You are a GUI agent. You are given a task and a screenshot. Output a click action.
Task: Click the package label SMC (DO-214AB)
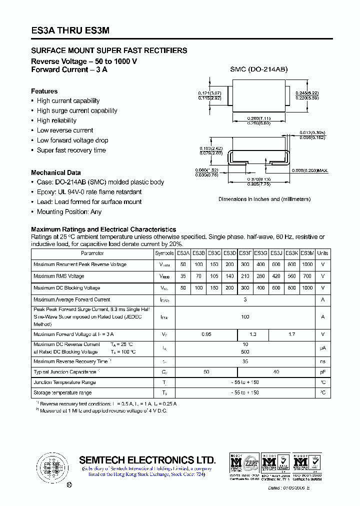[x=259, y=70]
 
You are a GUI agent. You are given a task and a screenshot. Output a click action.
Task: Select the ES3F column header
[x=245, y=253]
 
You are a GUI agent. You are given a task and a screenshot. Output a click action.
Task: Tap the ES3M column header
[x=307, y=253]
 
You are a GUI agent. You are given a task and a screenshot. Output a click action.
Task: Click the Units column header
[x=323, y=253]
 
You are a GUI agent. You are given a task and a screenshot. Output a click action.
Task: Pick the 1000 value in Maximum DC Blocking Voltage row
[x=307, y=288]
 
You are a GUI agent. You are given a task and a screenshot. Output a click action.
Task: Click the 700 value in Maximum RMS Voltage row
[x=307, y=276]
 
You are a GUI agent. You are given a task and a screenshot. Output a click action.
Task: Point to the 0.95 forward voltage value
[x=206, y=334]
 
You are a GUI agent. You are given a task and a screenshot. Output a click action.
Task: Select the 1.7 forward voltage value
[x=292, y=334]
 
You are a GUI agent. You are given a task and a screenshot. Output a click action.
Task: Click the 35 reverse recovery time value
[x=245, y=361]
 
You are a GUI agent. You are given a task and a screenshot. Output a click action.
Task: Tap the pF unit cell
[x=323, y=372]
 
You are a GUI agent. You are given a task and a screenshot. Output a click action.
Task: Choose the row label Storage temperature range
[x=62, y=393]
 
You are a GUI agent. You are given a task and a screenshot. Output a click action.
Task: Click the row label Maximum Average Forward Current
[x=71, y=299]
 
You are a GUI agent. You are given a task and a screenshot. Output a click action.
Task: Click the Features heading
[x=44, y=91]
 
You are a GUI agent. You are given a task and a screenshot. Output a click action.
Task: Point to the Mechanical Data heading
[x=55, y=172]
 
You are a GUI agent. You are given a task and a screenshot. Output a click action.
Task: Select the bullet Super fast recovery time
[x=71, y=150]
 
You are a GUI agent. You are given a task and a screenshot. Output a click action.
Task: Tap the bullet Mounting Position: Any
[x=69, y=212]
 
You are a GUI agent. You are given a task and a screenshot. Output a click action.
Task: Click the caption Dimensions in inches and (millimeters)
[x=264, y=199]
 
